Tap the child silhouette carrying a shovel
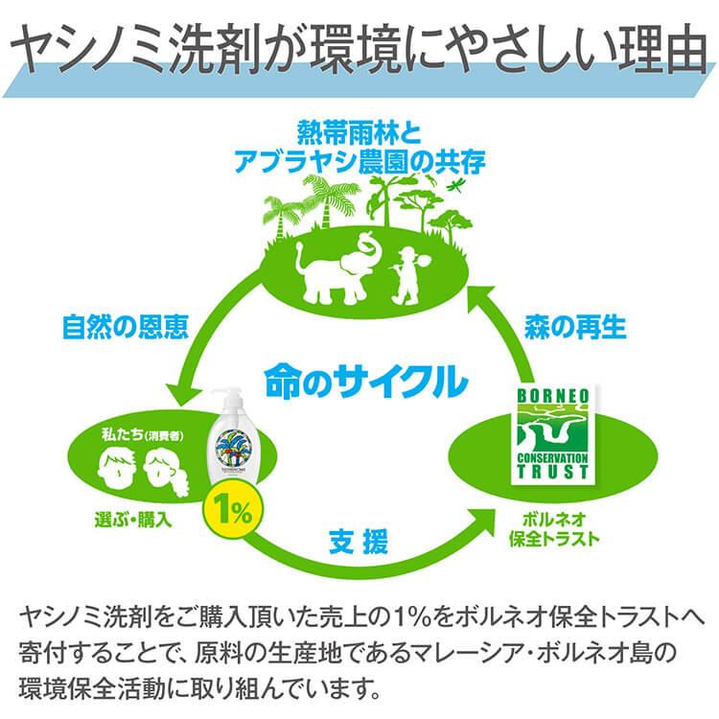[x=408, y=276]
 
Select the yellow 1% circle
[x=233, y=510]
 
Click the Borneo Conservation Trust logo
[x=553, y=434]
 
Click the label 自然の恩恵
[x=126, y=327]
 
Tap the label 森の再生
[x=575, y=327]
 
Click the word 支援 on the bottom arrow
[x=359, y=542]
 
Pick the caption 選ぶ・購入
[x=133, y=520]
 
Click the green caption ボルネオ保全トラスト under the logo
[x=554, y=529]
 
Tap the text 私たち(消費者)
[x=143, y=434]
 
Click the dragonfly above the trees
[x=456, y=185]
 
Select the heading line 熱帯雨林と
[x=359, y=132]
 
